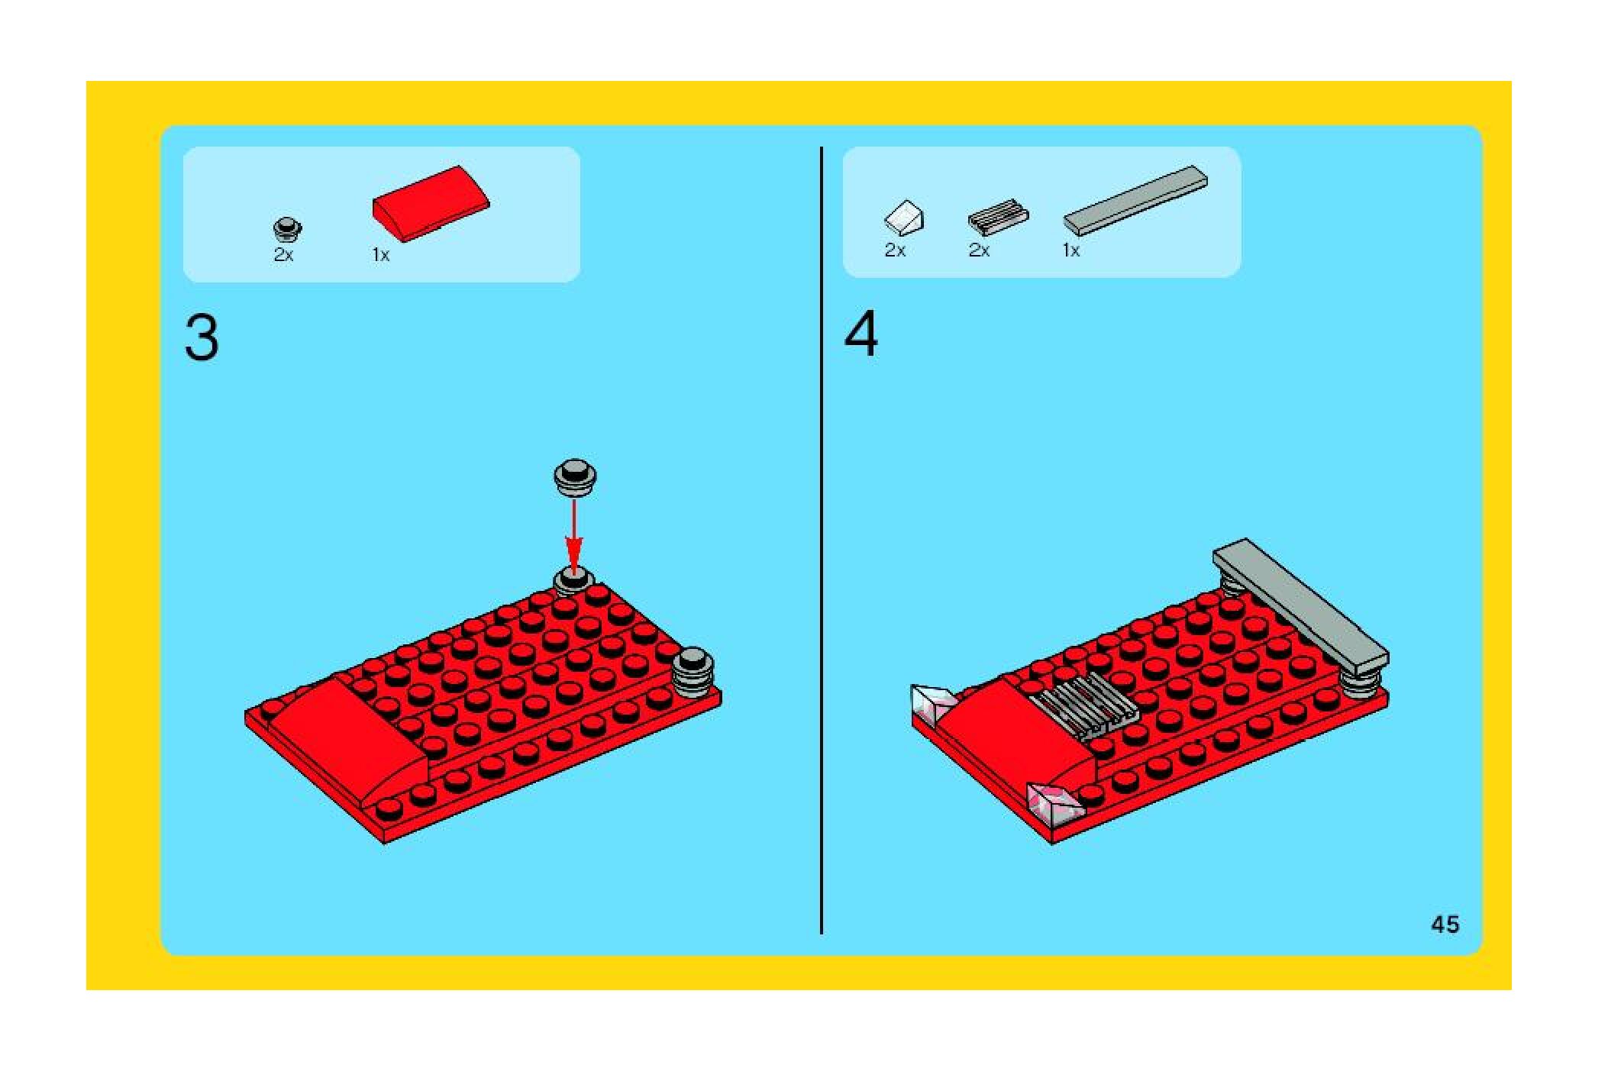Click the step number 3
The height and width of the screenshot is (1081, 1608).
click(202, 338)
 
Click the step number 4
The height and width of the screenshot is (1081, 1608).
click(861, 334)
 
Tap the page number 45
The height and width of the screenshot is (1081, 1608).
click(1445, 924)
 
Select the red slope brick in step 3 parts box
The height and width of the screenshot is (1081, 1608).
click(431, 204)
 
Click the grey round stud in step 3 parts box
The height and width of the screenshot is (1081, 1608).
click(287, 229)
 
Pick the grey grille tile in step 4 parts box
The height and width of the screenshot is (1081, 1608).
click(998, 218)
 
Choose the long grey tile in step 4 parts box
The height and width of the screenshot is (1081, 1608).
click(1135, 200)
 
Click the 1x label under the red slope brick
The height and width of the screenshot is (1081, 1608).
click(381, 256)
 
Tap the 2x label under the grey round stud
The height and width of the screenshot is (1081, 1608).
click(283, 256)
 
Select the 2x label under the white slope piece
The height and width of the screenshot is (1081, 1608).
click(895, 250)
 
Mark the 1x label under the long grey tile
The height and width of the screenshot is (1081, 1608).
click(1071, 250)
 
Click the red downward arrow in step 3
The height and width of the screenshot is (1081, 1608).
click(573, 535)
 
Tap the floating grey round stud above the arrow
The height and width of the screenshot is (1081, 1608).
click(574, 479)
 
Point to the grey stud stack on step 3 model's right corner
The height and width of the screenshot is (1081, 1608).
click(693, 672)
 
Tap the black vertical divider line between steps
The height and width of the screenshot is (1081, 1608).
click(822, 540)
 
